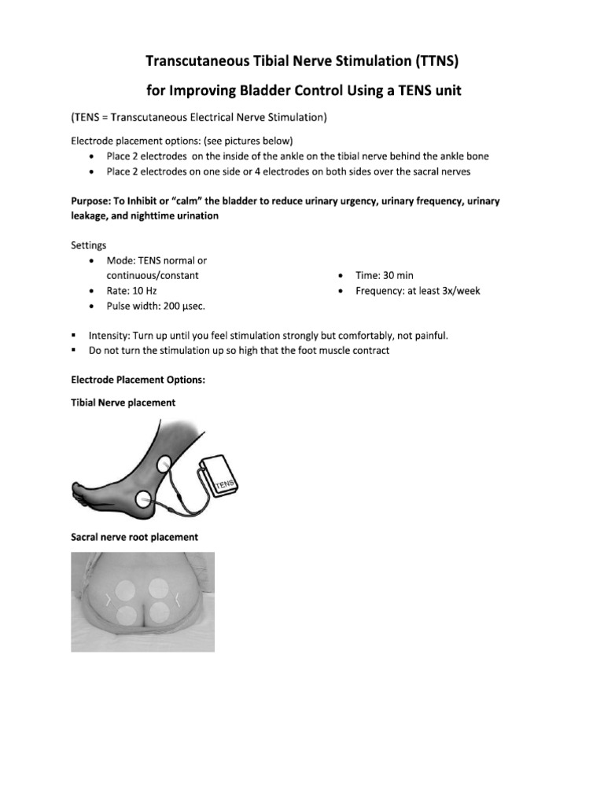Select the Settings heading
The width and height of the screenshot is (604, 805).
(x=89, y=245)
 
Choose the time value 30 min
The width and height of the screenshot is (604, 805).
(x=398, y=275)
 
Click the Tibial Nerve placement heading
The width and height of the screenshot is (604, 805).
(x=123, y=402)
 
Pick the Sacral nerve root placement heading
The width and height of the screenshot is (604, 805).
(x=134, y=538)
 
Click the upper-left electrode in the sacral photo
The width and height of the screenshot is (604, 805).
(x=126, y=590)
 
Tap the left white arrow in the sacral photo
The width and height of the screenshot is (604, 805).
(x=108, y=601)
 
